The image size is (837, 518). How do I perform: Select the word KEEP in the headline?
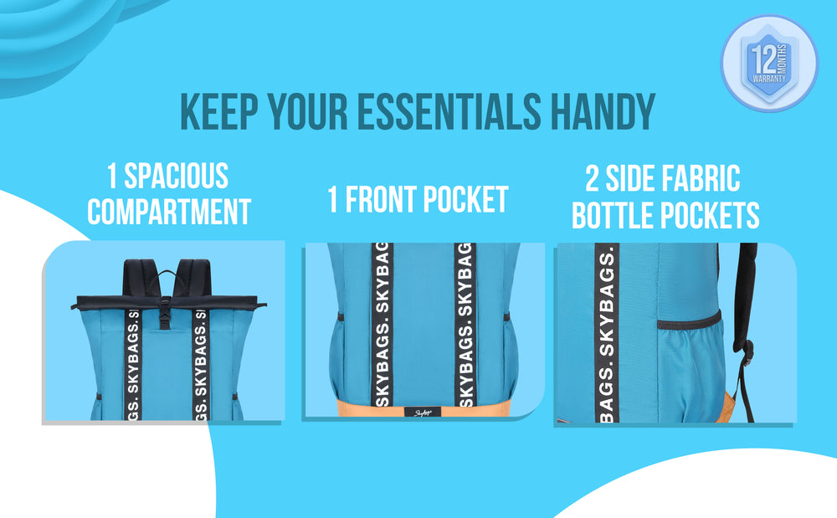[x=219, y=111]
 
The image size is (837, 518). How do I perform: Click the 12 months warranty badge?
[x=769, y=63]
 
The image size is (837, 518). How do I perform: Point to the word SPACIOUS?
[x=176, y=176]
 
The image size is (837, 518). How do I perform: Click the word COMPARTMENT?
[x=169, y=212]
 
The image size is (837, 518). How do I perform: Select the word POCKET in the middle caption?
[x=465, y=199]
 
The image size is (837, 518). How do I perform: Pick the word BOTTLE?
[x=613, y=216]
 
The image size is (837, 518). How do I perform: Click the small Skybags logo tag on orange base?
[x=423, y=413]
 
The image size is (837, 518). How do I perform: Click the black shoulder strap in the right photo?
[x=745, y=310]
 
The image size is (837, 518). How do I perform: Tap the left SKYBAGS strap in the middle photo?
[x=383, y=325]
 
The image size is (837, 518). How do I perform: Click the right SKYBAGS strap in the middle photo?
[x=465, y=325]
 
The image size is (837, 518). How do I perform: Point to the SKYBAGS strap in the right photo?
[x=607, y=333]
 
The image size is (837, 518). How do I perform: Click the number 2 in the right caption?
[x=592, y=179]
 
